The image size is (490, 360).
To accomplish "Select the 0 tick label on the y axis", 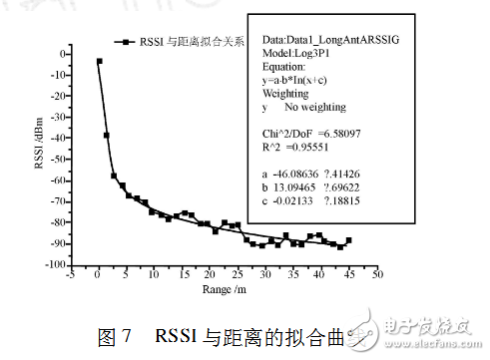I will pyautogui.click(x=62, y=54).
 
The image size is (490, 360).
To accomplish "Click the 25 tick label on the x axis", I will pyautogui.click(x=237, y=276).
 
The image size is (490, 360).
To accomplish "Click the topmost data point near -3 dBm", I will pyautogui.click(x=99, y=61).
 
